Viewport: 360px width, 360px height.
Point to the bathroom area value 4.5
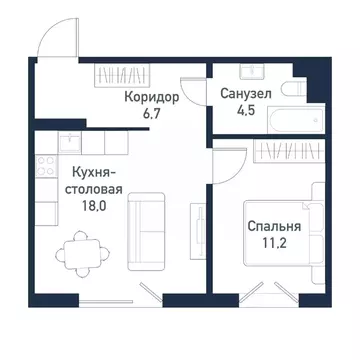click(x=243, y=112)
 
